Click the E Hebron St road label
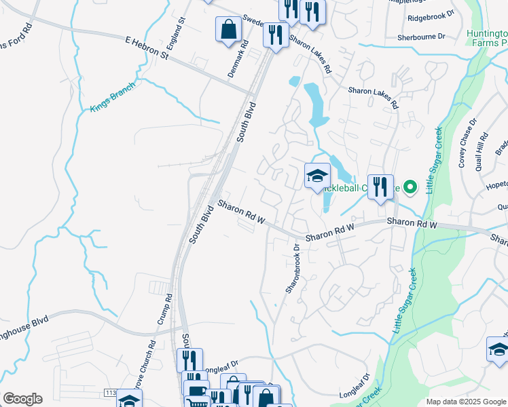(x=146, y=48)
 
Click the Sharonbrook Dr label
(x=293, y=269)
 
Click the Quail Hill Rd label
(x=482, y=149)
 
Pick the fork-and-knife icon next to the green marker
(x=380, y=186)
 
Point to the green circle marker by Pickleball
(x=410, y=187)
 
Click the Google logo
(x=22, y=399)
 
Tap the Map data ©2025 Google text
(x=465, y=402)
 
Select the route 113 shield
(x=111, y=393)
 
